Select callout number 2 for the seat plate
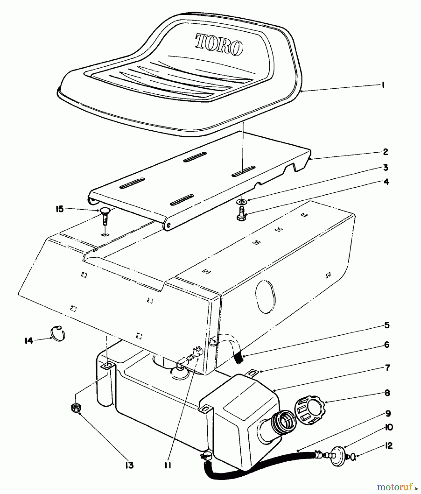385,152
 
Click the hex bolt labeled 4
242,217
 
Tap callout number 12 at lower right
386,446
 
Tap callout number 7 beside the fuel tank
387,367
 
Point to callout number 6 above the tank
386,344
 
